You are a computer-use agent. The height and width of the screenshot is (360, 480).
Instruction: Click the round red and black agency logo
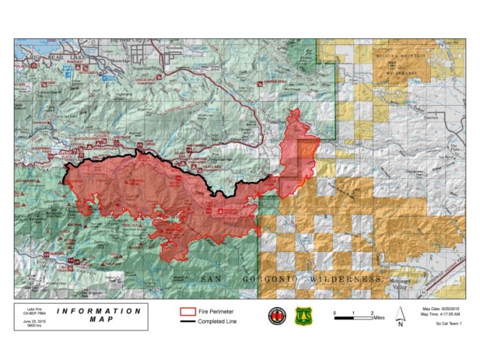coord(278,316)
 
